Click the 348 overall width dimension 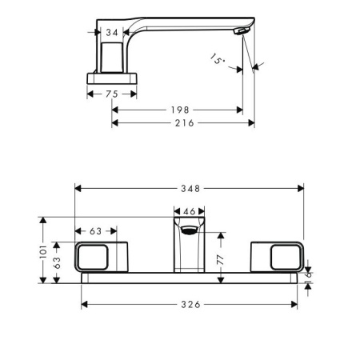(x=190, y=189)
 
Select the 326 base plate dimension (x=190, y=304)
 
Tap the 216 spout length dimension (x=184, y=123)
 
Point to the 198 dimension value (x=180, y=110)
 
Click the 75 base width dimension (x=112, y=94)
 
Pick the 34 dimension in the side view (x=112, y=33)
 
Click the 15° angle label (x=217, y=59)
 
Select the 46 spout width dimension (x=190, y=211)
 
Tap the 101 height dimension (x=43, y=251)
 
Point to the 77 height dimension (x=221, y=259)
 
